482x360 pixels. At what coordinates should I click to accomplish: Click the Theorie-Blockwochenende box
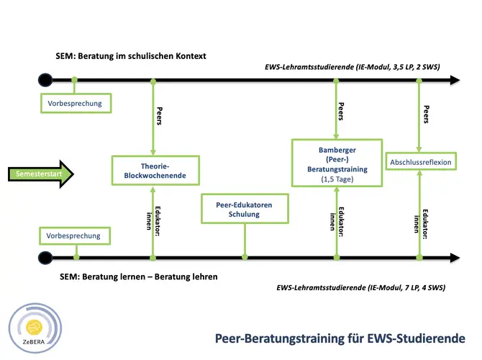(x=155, y=171)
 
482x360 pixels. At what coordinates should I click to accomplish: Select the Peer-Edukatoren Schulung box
(x=245, y=209)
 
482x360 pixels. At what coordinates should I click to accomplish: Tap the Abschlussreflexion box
(x=421, y=161)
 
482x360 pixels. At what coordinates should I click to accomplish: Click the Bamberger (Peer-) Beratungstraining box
(x=337, y=163)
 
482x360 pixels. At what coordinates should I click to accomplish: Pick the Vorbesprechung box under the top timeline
(x=76, y=104)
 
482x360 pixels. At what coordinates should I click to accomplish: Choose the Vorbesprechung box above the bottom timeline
(x=75, y=236)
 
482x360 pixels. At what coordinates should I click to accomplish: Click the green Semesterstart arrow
(x=40, y=174)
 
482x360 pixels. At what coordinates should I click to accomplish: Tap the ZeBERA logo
(x=35, y=328)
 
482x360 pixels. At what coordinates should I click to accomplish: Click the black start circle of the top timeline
(x=45, y=80)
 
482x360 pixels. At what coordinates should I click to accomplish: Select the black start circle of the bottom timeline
(x=45, y=258)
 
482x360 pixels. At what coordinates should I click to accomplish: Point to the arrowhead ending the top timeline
(x=455, y=80)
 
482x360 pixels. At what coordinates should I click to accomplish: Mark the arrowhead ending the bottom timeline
(x=455, y=258)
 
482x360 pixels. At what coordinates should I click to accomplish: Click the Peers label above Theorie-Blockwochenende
(x=159, y=116)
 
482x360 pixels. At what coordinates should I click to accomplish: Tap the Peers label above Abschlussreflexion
(x=427, y=114)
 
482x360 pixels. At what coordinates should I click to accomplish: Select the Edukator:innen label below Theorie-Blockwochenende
(x=153, y=221)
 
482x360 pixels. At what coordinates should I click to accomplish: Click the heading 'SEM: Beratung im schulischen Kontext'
(x=131, y=56)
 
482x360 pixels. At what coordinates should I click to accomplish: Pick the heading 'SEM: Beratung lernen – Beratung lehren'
(x=139, y=276)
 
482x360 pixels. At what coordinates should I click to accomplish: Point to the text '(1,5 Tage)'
(x=337, y=179)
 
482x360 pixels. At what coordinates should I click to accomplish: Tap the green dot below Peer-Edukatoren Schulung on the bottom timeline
(x=245, y=257)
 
